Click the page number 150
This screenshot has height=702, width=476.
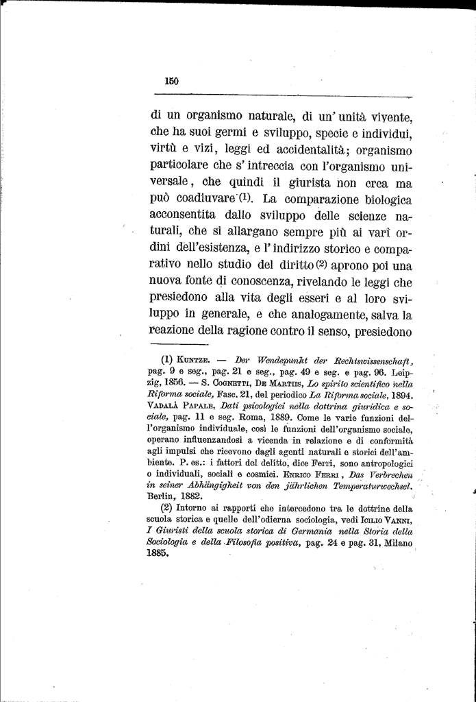pos(171,81)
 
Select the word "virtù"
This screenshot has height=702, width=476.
pos(166,149)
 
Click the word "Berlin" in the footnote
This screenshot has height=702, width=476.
pos(163,496)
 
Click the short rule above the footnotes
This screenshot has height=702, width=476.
pos(179,344)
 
